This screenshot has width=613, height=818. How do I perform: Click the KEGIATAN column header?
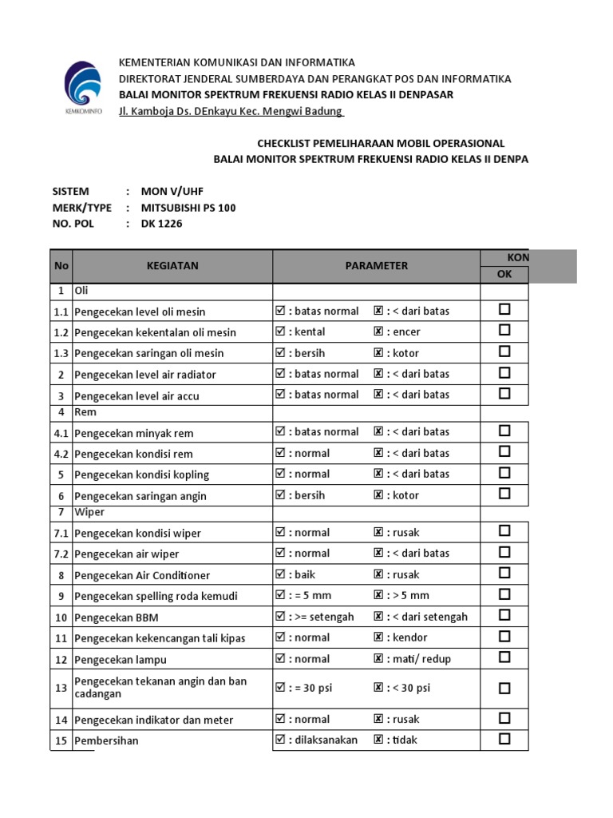tap(172, 265)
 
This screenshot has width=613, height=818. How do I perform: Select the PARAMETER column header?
tap(376, 265)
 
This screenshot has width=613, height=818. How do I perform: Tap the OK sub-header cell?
tap(504, 274)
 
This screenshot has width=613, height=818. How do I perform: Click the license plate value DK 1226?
tap(161, 224)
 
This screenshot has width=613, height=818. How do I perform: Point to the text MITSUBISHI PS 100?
tap(188, 208)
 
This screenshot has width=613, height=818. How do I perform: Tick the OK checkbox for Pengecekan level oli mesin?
tap(504, 309)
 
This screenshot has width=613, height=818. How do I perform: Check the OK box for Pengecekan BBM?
tap(504, 616)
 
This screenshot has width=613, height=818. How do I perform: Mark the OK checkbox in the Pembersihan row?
tap(504, 739)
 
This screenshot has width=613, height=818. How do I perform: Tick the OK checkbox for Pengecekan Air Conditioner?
tap(504, 574)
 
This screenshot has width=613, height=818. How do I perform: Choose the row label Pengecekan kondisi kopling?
tap(141, 475)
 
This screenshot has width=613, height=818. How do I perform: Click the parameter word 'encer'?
tap(406, 332)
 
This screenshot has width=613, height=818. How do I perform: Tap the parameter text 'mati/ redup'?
tap(421, 658)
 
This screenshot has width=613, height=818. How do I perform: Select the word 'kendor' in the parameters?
tap(409, 637)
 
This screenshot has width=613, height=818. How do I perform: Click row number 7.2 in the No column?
tap(61, 554)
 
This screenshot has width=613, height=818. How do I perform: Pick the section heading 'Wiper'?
tap(89, 511)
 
